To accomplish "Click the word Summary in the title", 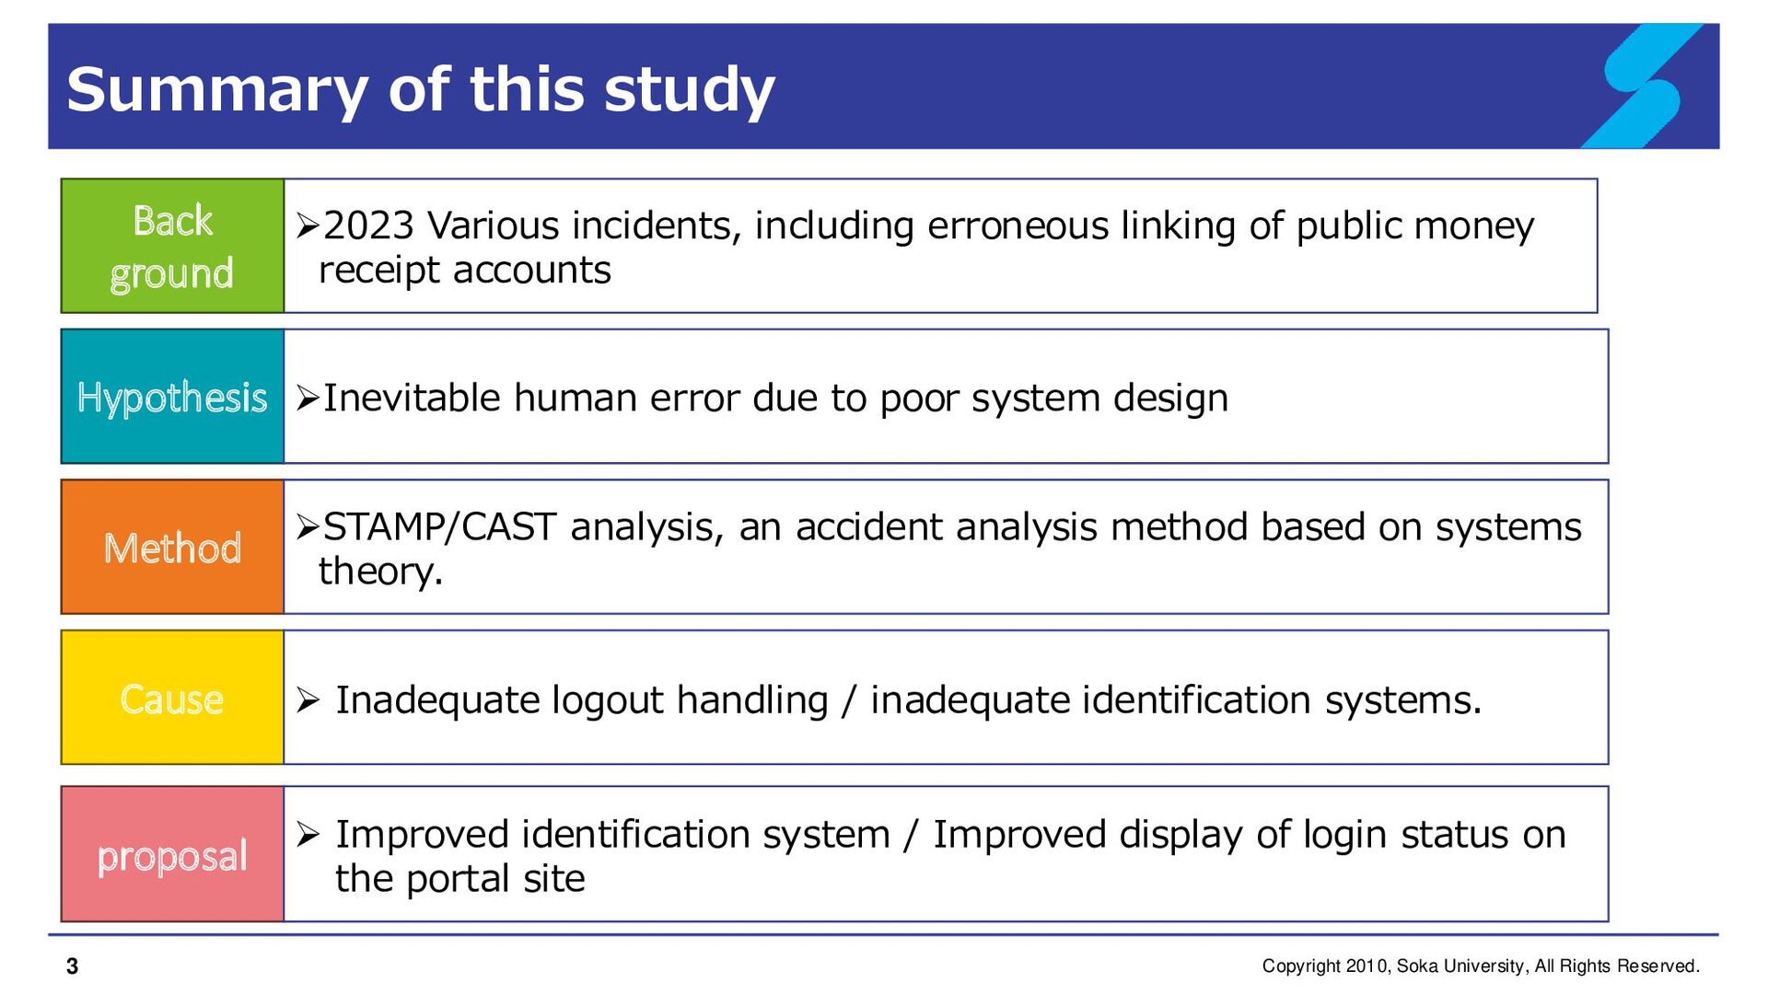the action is point(217,91).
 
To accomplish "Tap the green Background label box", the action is point(172,246).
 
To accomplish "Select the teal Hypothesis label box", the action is point(172,396).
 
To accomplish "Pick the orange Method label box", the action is point(172,547).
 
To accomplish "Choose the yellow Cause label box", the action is point(172,698).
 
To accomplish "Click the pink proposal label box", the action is point(172,854).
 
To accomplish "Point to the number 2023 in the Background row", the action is point(368,225).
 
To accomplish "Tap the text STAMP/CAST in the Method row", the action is point(439,526).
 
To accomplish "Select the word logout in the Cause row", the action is point(608,700).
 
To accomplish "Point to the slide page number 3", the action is point(73,966).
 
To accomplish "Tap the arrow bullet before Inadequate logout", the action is point(308,700).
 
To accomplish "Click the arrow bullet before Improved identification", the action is point(308,835).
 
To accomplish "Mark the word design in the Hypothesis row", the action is point(1170,399).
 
